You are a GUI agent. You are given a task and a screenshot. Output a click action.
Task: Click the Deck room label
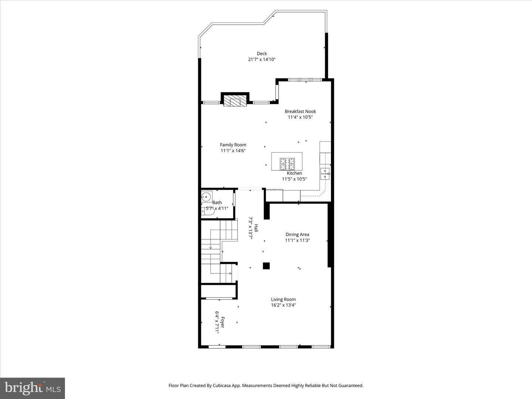[262, 54]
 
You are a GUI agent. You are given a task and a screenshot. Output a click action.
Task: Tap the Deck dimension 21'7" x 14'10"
[262, 59]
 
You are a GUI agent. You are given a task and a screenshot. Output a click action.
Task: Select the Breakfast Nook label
[300, 111]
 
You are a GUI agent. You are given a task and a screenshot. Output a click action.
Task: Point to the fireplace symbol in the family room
[235, 101]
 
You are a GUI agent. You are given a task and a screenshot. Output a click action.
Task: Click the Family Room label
[233, 145]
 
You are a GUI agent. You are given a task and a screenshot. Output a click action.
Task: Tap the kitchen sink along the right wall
[325, 173]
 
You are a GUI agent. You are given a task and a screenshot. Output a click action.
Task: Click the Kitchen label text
[294, 173]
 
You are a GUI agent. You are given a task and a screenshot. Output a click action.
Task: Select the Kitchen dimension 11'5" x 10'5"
[294, 179]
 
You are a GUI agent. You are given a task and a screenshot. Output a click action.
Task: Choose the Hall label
[256, 228]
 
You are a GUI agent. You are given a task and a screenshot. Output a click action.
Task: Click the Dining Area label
[297, 234]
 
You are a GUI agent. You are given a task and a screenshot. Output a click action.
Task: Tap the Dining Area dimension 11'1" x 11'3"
[297, 240]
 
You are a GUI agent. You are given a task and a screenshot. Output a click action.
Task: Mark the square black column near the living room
[266, 266]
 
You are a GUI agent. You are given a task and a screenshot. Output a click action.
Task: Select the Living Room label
[283, 299]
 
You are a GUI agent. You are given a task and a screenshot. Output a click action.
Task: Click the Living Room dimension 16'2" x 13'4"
[283, 305]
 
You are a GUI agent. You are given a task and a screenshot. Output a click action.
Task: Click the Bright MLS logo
[33, 388]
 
